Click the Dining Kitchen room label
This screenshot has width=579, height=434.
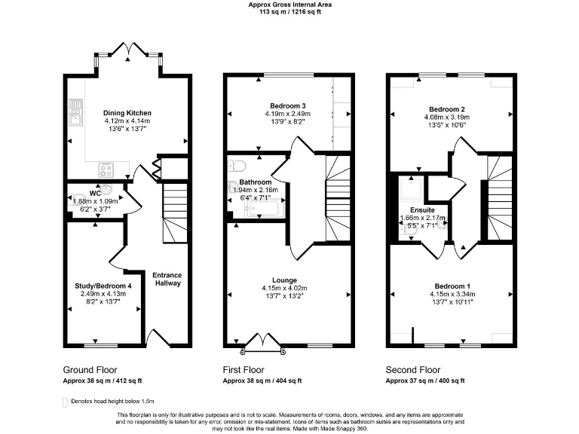[x=127, y=112]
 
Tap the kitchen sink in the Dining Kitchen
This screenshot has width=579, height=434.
[x=75, y=115]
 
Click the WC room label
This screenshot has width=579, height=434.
[x=95, y=193]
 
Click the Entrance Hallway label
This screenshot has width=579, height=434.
[x=167, y=280]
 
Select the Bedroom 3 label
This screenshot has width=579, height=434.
[x=286, y=105]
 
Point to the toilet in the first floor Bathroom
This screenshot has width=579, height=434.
[x=235, y=167]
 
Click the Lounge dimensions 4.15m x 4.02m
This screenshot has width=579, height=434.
[x=286, y=288]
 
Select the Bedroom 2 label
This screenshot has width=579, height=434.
[x=449, y=108]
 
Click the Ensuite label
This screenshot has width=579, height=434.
[x=421, y=210]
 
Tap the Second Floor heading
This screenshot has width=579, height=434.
[x=412, y=370]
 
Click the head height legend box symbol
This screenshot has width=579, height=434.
[x=64, y=402]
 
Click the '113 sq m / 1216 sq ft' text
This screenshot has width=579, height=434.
[x=289, y=11]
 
